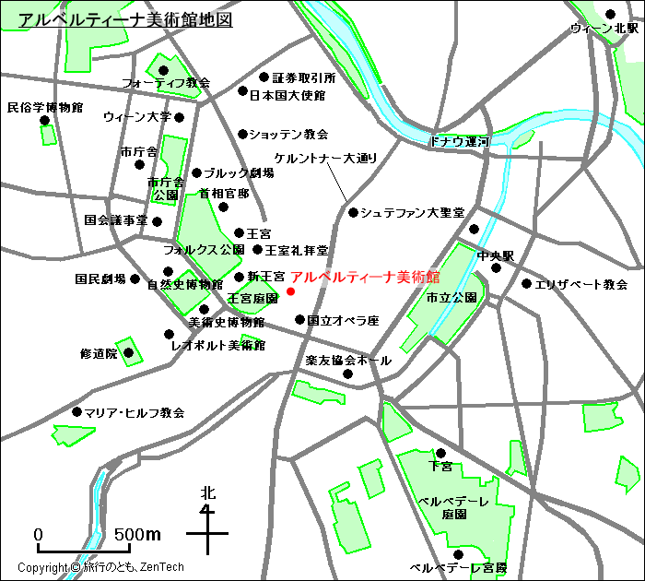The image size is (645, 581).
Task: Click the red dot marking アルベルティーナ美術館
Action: coord(291,291)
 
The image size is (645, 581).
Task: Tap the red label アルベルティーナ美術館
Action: coord(365,277)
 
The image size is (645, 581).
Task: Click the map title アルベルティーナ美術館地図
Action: coord(125,19)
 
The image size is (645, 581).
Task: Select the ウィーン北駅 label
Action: coord(604,29)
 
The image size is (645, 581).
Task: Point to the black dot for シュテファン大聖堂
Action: coord(353,212)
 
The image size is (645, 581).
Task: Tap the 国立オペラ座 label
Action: coord(343,321)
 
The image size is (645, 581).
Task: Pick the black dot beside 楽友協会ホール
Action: coord(348,373)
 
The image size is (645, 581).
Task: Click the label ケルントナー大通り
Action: coord(326,159)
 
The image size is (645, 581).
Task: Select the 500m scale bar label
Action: coord(138,535)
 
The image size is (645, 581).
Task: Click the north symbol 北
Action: coord(208,493)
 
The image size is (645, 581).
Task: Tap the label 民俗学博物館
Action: coord(45,107)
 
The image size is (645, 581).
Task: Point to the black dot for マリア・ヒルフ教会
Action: coord(76,412)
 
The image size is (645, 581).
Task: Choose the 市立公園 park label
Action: coord(451,298)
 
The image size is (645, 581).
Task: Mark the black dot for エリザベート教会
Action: coord(526,284)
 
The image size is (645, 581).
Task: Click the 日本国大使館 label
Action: coord(287,94)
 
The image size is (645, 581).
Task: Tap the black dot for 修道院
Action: coord(129,352)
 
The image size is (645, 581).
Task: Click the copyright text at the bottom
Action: coord(101,567)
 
